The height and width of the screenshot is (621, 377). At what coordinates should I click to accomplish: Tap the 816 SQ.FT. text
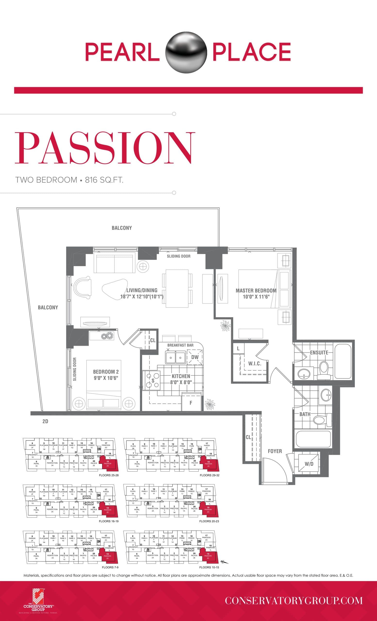(x=104, y=180)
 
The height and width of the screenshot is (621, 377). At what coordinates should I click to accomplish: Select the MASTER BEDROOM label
(x=256, y=291)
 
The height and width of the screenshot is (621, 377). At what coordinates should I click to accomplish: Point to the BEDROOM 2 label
(x=106, y=372)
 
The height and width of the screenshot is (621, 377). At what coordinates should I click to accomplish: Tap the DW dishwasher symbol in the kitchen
(x=195, y=357)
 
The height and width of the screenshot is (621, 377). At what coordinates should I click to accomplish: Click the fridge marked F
(x=191, y=403)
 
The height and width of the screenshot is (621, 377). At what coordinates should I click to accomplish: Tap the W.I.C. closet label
(x=254, y=364)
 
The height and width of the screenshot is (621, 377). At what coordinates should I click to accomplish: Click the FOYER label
(x=275, y=451)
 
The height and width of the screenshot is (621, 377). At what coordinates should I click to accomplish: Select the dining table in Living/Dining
(x=177, y=288)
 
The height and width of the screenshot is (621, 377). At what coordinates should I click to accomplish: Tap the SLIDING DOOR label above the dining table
(x=178, y=256)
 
